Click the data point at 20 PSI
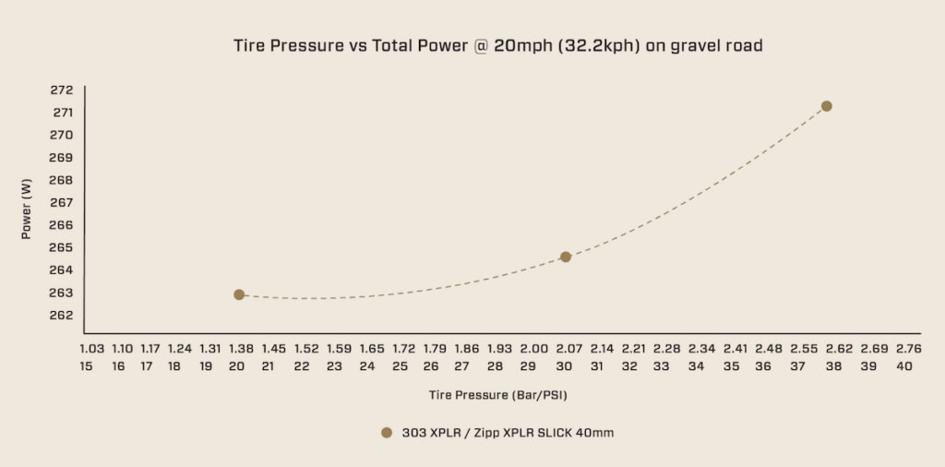pyautogui.click(x=239, y=294)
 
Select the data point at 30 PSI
pyautogui.click(x=566, y=257)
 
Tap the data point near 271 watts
pyautogui.click(x=827, y=106)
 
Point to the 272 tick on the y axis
pyautogui.click(x=62, y=90)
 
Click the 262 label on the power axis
pyautogui.click(x=62, y=316)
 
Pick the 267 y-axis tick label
pyautogui.click(x=62, y=203)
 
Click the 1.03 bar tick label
pyautogui.click(x=91, y=349)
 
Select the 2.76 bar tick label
pyautogui.click(x=909, y=349)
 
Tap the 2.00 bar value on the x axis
pyautogui.click(x=533, y=349)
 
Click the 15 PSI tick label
pyautogui.click(x=86, y=366)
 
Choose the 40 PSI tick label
pyautogui.click(x=903, y=366)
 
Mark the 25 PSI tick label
pyautogui.click(x=400, y=366)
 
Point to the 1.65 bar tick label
pyautogui.click(x=372, y=349)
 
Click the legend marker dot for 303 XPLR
pyautogui.click(x=387, y=432)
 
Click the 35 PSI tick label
pyautogui.click(x=731, y=366)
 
